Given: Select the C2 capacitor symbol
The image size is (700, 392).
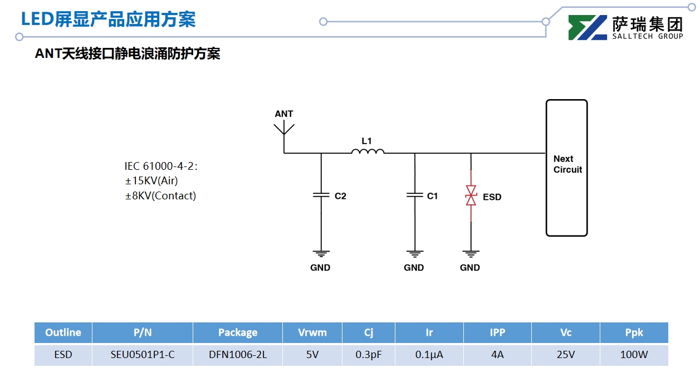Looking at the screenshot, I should coord(321,195).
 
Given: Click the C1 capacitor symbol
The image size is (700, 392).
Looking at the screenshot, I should coord(415,195).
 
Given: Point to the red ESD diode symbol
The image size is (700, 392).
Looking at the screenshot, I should coord(471,195).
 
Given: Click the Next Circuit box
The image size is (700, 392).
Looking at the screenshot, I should coord(566,168).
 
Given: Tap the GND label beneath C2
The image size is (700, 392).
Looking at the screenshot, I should coord(320,268).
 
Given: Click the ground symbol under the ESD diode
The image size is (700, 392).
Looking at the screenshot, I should coord(471,254).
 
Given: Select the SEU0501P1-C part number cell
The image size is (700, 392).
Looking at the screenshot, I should coord(143,355).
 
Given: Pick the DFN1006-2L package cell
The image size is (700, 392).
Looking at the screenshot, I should coord(238,355).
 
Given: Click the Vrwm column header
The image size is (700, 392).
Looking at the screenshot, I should coord(312,332).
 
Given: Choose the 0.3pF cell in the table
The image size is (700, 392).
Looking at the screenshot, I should coord(369,355).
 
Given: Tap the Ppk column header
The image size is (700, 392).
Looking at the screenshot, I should coord(634,332).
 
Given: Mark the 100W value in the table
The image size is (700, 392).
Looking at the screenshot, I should coord(634,355).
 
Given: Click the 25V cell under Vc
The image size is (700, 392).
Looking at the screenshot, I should coord(566,355).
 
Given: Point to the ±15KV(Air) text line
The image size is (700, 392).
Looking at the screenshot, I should coord(151,180).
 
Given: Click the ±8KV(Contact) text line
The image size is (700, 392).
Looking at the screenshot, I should coord(160,195).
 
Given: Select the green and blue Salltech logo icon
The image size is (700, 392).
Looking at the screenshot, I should coord(588,27).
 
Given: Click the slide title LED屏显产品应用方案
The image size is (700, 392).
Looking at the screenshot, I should coord(108,19).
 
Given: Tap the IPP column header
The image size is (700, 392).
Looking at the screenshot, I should coord(497,332).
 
